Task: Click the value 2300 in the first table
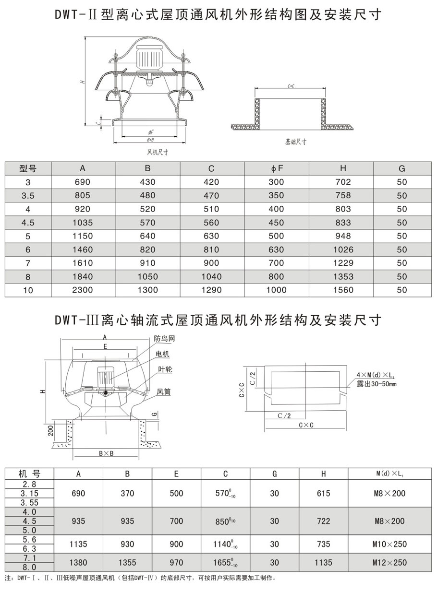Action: tap(83, 290)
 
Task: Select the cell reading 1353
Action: tap(343, 276)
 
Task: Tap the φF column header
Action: tap(277, 168)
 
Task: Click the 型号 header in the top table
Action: tap(28, 168)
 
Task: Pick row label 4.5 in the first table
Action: tap(28, 223)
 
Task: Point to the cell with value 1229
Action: tap(343, 263)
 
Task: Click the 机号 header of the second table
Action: tap(29, 474)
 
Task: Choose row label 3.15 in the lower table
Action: tap(29, 493)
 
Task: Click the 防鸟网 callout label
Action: tap(165, 338)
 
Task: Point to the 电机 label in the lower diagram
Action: tap(162, 354)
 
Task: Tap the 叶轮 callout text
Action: tap(165, 370)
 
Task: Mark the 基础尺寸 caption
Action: tap(295, 142)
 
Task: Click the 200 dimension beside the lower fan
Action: tap(49, 431)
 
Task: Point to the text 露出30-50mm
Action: tap(376, 384)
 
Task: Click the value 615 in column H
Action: tap(324, 493)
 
